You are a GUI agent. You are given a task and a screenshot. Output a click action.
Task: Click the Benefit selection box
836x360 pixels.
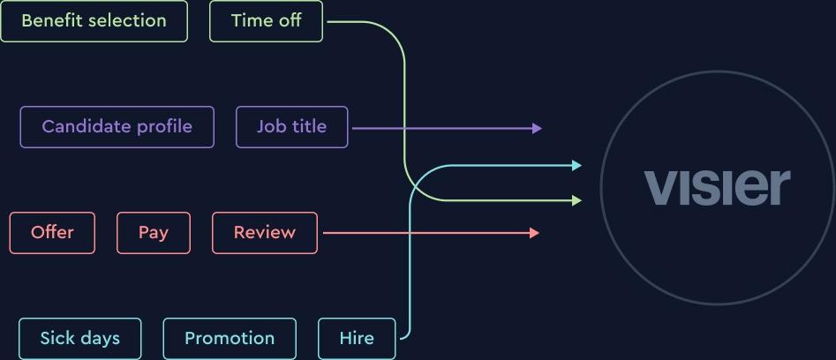[x=94, y=21]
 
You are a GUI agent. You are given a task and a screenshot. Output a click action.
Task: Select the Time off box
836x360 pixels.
[x=266, y=21]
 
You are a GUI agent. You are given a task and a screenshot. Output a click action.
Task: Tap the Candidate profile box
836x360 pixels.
[x=117, y=127]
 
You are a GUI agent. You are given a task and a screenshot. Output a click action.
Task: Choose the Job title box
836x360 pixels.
[x=291, y=127]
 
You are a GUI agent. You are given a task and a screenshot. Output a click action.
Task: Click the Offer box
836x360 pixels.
[x=52, y=233]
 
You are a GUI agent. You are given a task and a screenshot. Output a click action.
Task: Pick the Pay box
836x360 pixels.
[x=153, y=233]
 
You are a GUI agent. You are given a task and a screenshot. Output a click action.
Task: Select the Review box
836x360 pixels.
[x=264, y=233]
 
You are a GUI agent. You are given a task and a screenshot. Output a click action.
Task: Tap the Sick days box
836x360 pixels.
[x=79, y=339]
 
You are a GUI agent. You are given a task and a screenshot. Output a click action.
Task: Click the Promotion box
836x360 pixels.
[x=229, y=339]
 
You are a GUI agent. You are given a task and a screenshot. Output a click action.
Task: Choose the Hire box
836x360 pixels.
[x=357, y=339]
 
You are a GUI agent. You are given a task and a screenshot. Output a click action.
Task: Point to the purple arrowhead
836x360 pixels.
[x=537, y=128]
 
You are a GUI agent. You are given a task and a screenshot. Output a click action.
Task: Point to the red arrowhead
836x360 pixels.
[x=534, y=233]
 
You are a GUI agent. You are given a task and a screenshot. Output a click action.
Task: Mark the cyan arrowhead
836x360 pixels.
[x=576, y=165]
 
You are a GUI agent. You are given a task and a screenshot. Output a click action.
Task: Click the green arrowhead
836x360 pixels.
[x=576, y=201]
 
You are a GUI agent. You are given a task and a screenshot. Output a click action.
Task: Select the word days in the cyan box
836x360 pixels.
[x=100, y=339]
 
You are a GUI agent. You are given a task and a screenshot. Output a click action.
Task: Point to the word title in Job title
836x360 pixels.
[x=309, y=127]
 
